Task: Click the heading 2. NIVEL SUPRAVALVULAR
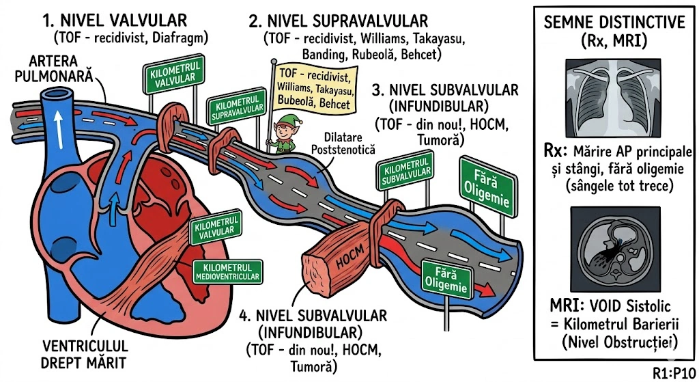(339, 22)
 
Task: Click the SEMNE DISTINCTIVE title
(614, 22)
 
